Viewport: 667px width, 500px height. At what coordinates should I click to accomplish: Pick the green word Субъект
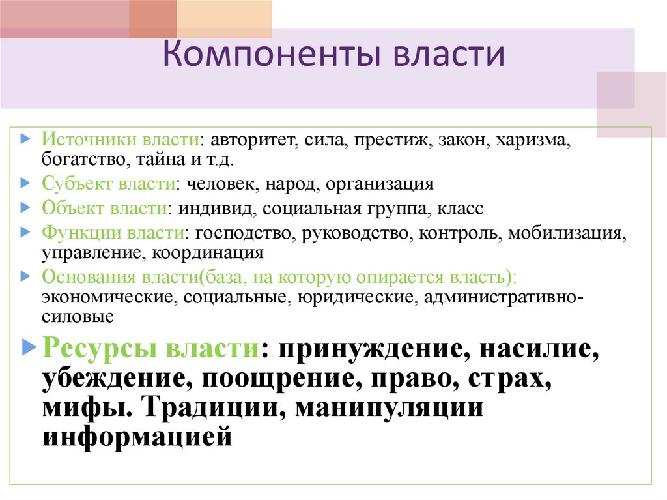77,183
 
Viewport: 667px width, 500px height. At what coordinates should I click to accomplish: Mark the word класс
460,209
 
